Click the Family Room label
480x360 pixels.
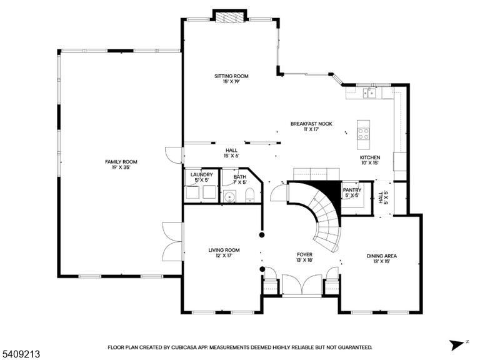pyautogui.click(x=121, y=162)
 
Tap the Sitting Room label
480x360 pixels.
pyautogui.click(x=231, y=76)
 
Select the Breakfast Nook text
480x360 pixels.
pyautogui.click(x=311, y=124)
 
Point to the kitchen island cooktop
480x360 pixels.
pyautogui.click(x=363, y=134)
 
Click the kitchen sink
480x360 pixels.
pyautogui.click(x=369, y=92)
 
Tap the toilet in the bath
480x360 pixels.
pyautogui.click(x=250, y=195)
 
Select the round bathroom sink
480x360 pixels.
pyautogui.click(x=229, y=196)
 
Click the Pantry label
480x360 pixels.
pyautogui.click(x=352, y=190)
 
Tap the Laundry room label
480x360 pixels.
pyautogui.click(x=201, y=175)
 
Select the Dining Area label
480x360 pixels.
pyautogui.click(x=382, y=256)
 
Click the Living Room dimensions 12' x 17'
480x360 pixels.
pyautogui.click(x=224, y=255)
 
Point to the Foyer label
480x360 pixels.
pyautogui.click(x=304, y=255)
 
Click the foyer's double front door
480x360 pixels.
pyautogui.click(x=302, y=285)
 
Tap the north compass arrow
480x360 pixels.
pyautogui.click(x=457, y=345)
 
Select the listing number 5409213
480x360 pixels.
pyautogui.click(x=20, y=354)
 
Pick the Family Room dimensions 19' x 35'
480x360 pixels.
pyautogui.click(x=121, y=167)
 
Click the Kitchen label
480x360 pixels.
pyautogui.click(x=370, y=157)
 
